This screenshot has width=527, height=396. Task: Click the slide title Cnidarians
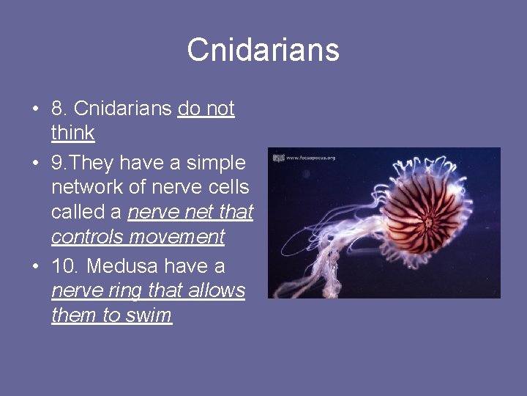point(263,50)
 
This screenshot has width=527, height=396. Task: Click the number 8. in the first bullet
point(60,109)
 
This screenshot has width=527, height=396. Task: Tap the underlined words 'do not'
point(206,109)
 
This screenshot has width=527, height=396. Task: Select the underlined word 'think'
point(72,133)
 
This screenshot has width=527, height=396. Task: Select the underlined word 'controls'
point(88,238)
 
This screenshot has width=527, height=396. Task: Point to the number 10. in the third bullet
point(65,265)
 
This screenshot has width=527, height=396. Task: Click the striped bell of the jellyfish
point(429,216)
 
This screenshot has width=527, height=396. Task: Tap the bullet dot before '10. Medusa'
point(35,266)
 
